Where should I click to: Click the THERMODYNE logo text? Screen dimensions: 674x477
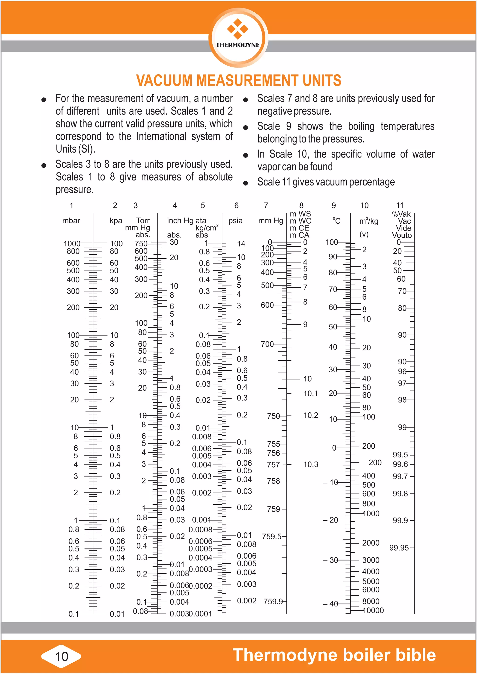click(238, 45)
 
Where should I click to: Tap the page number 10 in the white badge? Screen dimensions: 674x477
click(62, 656)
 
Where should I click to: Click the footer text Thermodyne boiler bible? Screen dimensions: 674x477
click(334, 655)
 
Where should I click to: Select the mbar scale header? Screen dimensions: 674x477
click(71, 221)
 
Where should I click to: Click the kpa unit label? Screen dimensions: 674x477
click(116, 221)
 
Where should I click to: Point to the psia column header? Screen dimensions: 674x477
click(235, 221)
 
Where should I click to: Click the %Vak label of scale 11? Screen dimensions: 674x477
click(401, 214)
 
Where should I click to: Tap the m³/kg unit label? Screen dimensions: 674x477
click(369, 221)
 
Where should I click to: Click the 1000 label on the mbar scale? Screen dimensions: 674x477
click(72, 243)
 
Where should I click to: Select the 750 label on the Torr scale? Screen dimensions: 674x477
click(141, 243)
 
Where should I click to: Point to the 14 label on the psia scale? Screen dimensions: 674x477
click(241, 243)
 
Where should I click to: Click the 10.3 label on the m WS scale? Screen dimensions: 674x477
click(311, 465)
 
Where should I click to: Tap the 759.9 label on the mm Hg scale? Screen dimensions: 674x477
click(273, 602)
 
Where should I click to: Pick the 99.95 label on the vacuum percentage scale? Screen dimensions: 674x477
click(399, 548)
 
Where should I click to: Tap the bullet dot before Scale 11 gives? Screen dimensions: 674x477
click(245, 183)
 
